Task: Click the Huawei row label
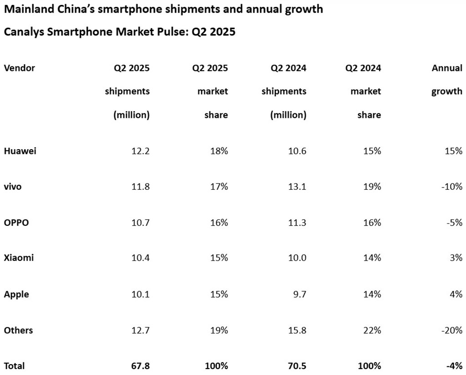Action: [20, 151]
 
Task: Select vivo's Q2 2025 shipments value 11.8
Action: [140, 187]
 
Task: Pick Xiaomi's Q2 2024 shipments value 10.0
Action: [296, 258]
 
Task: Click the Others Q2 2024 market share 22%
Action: [372, 330]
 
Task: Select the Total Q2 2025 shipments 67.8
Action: [140, 365]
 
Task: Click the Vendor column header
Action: [20, 68]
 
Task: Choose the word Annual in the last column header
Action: [447, 68]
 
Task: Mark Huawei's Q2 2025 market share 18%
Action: [219, 151]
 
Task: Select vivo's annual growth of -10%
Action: [452, 187]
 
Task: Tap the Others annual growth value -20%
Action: [452, 330]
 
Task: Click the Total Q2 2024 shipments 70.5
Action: [296, 365]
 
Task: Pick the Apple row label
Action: [16, 294]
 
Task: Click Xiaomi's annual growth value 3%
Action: [456, 258]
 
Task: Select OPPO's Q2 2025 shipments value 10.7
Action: [140, 223]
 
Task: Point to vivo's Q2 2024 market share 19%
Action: [372, 187]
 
